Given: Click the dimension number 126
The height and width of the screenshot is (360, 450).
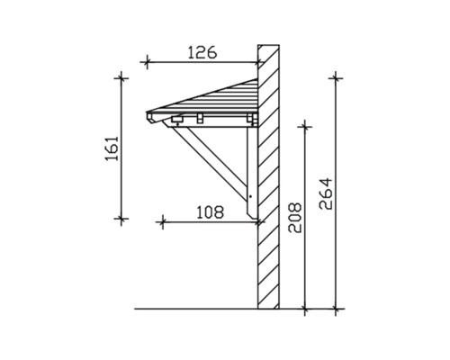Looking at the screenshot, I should [x=202, y=52].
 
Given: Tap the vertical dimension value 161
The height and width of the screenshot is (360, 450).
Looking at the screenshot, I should [x=112, y=148].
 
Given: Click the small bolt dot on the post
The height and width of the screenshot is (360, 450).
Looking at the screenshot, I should [x=251, y=194].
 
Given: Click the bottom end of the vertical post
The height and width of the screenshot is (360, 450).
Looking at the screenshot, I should [x=251, y=219].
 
